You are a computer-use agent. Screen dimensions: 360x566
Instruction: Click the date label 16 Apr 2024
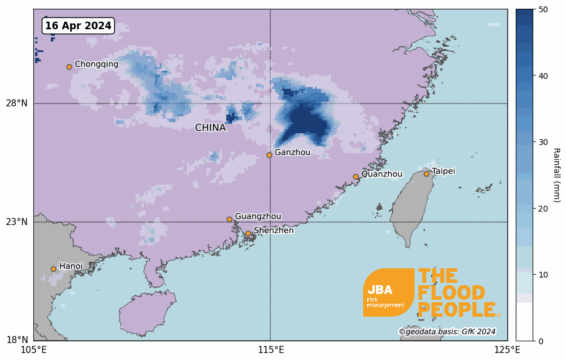(78, 26)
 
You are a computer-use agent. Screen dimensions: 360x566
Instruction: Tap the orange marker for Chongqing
(69, 67)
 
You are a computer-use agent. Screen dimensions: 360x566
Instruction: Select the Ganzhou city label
(292, 153)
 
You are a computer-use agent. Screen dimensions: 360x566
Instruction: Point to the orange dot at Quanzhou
(356, 176)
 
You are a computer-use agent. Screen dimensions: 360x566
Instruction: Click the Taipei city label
(443, 171)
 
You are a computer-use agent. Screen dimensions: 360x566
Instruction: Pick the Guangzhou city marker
(229, 220)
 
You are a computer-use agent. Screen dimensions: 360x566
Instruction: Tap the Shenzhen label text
(274, 231)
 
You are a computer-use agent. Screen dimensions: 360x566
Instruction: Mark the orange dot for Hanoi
(53, 269)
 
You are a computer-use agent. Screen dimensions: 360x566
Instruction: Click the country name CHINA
(210, 128)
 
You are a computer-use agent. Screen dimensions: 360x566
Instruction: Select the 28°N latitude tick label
(17, 103)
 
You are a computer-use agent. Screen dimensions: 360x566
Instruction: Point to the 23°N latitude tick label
(17, 222)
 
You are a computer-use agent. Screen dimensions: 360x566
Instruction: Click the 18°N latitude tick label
(17, 340)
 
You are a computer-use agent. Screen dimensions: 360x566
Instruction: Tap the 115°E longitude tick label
(271, 350)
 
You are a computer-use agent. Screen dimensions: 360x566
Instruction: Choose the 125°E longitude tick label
(507, 350)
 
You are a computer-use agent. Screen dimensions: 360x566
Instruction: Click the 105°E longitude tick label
(34, 350)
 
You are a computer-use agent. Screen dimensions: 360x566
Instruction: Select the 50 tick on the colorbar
(543, 9)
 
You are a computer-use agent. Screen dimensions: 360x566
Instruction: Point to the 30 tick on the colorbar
(543, 142)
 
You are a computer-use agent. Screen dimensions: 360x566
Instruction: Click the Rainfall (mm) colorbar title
(557, 175)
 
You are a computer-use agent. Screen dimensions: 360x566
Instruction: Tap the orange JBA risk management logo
(388, 292)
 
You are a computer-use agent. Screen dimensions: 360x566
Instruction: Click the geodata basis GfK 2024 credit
(447, 332)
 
